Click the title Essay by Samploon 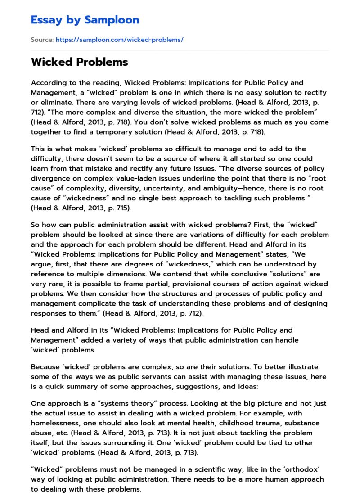point(85,20)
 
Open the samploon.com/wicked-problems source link point(119,40)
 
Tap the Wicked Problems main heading point(79,62)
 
